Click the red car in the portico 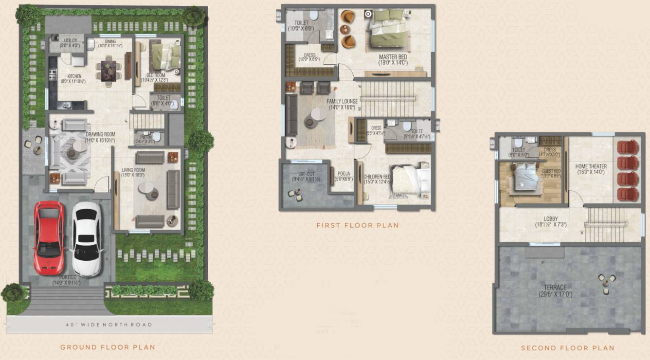(49, 238)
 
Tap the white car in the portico (87, 238)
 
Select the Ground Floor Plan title (108, 347)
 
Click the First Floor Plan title (358, 225)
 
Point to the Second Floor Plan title (567, 348)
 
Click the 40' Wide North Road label (109, 324)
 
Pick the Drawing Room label (100, 137)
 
